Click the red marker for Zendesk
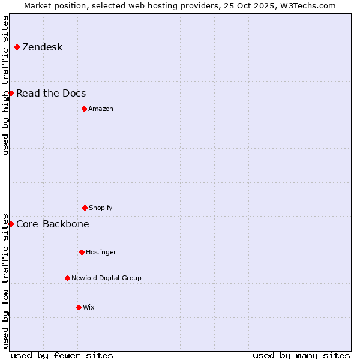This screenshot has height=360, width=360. coord(17,47)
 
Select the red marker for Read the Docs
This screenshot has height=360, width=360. coord(11,93)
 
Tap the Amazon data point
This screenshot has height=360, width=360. coord(84,109)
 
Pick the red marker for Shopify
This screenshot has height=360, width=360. coord(85,208)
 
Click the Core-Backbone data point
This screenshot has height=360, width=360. coord(11,224)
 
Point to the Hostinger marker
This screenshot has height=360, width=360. coord(82,252)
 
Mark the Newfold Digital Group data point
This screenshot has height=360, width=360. coord(67,278)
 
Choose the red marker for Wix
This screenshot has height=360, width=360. coord(79,307)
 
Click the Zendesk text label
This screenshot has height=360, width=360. coord(42,47)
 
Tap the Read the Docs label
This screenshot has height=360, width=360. coord(51,94)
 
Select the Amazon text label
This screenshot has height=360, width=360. coord(101,109)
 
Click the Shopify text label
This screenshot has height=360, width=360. coord(101,208)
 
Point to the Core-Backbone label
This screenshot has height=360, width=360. coord(53,224)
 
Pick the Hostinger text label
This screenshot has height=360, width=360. coord(101,253)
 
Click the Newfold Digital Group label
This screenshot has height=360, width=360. coord(106,278)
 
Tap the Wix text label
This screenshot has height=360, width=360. coord(89,308)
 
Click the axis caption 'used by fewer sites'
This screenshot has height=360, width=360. coord(62,356)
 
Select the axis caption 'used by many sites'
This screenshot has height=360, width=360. coord(301,356)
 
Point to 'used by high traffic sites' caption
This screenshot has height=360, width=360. coord(6,85)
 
